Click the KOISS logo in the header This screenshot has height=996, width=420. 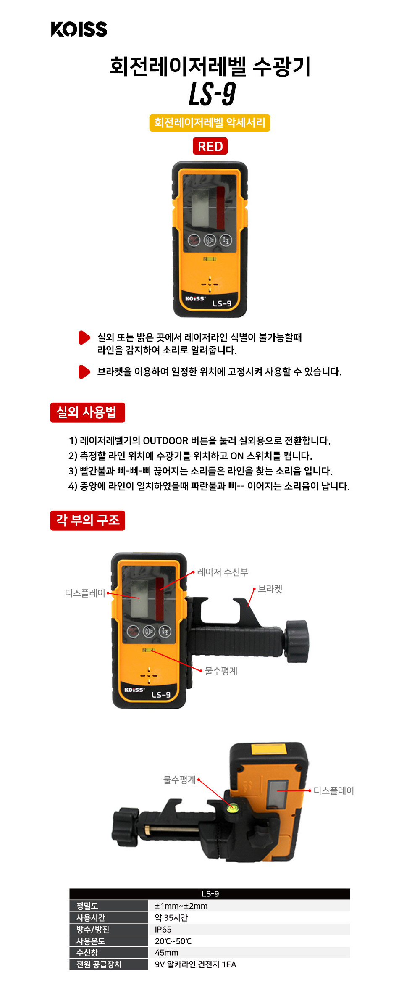pos(79,29)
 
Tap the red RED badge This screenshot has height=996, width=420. pos(210,146)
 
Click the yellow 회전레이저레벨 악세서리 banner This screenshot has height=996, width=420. pos(210,123)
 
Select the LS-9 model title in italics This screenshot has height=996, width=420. pos(212,94)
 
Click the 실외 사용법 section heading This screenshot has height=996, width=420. pos(87,412)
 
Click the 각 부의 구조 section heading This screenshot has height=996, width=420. pos(87,520)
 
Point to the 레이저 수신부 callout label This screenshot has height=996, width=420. pos(223,572)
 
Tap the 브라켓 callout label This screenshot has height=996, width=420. pos(270,589)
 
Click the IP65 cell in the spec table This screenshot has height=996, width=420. pos(163,930)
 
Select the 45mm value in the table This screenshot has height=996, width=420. pos(167,953)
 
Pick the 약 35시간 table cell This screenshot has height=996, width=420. pos(171,918)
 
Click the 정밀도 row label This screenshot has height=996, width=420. pos(87,906)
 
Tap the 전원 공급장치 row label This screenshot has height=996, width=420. pos(99,964)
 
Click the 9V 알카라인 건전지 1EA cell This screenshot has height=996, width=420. pos(195,964)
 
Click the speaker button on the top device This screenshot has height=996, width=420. pos(210,240)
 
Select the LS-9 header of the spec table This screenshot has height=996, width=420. pos(210,894)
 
